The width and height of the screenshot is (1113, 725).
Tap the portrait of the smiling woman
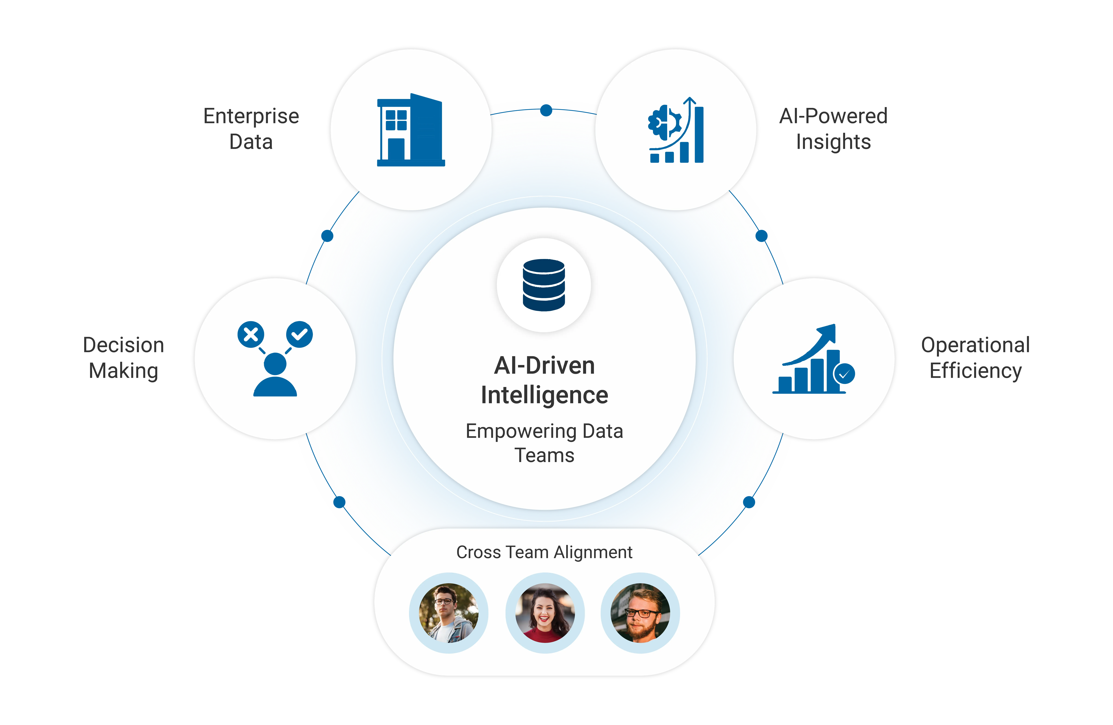click(x=545, y=613)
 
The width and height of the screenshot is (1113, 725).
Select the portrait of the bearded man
click(x=640, y=613)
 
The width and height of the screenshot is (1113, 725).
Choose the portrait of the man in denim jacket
click(x=449, y=613)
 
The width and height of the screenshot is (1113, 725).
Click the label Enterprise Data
click(x=252, y=129)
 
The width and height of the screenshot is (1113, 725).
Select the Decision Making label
click(x=124, y=358)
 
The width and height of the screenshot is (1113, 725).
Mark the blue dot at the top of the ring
click(x=546, y=110)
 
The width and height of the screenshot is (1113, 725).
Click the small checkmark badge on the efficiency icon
click(x=845, y=374)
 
